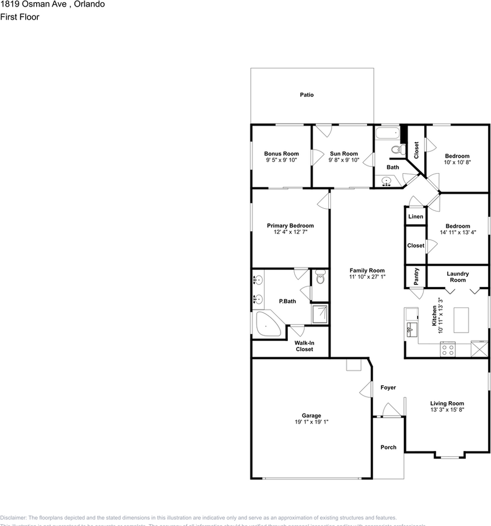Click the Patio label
point(306,95)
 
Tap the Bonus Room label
point(281,154)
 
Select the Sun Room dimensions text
point(344,161)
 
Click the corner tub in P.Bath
point(268,325)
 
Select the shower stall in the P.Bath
point(319,314)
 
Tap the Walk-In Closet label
point(304,346)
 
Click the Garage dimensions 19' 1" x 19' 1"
point(311,422)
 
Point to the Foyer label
point(388,387)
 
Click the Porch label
point(388,447)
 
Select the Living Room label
point(447,403)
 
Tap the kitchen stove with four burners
point(448,349)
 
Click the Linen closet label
point(415,217)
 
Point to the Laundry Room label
point(458,277)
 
